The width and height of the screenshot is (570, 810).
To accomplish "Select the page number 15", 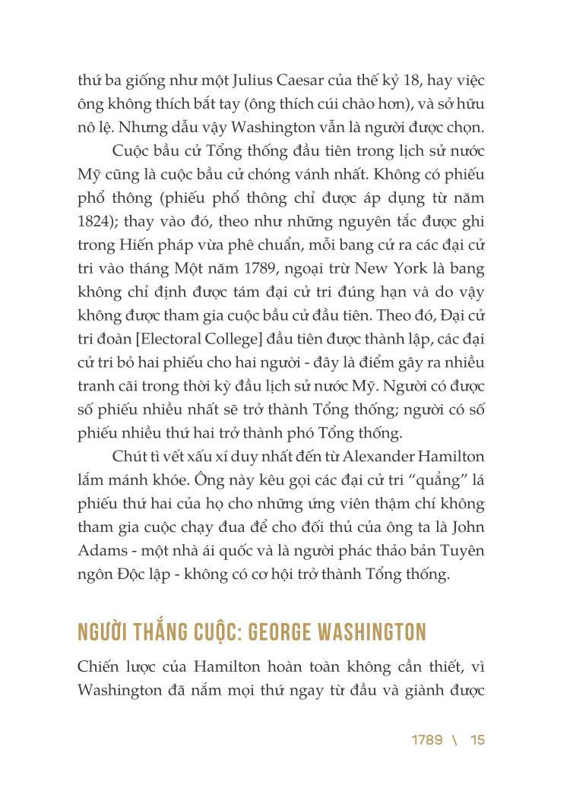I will pos(477,740).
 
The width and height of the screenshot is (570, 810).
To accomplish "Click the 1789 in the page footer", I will pos(427,740).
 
